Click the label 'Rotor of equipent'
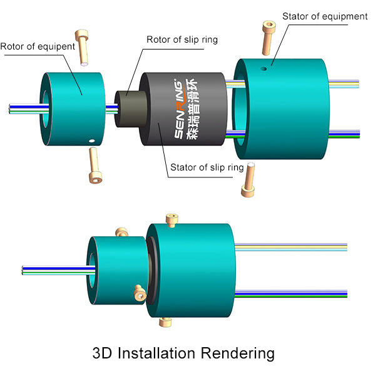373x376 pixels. pos(38,47)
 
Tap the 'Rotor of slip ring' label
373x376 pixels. pos(182,40)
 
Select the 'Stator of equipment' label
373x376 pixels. pos(325,16)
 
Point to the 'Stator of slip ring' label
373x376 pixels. pos(207,167)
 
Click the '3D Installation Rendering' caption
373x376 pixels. pos(183,353)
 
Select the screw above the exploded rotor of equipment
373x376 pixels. pos(82,48)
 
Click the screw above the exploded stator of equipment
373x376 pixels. pos(268,38)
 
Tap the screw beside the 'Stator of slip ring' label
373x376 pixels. pos(248,180)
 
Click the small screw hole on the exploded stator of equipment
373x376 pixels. pos(263,69)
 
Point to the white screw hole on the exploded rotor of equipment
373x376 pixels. pos(92,141)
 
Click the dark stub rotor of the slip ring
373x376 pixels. pos(130,109)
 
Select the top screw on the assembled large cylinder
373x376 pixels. pos(172,220)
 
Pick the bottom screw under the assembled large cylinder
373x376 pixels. pos(165,322)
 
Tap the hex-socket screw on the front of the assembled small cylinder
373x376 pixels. pos(140,293)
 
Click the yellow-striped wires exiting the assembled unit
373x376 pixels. pos(291,248)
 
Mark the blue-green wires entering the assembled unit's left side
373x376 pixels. pos(58,270)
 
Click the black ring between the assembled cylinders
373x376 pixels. pos(151,271)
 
